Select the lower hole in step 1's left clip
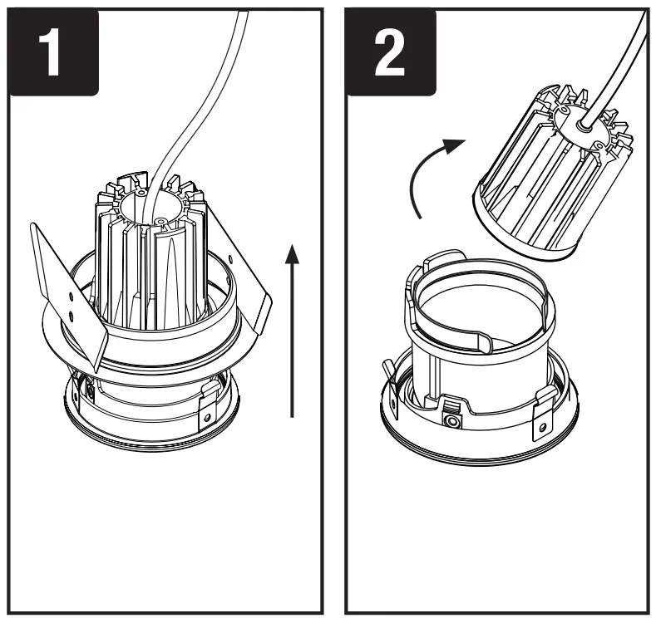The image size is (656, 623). point(73,316)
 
